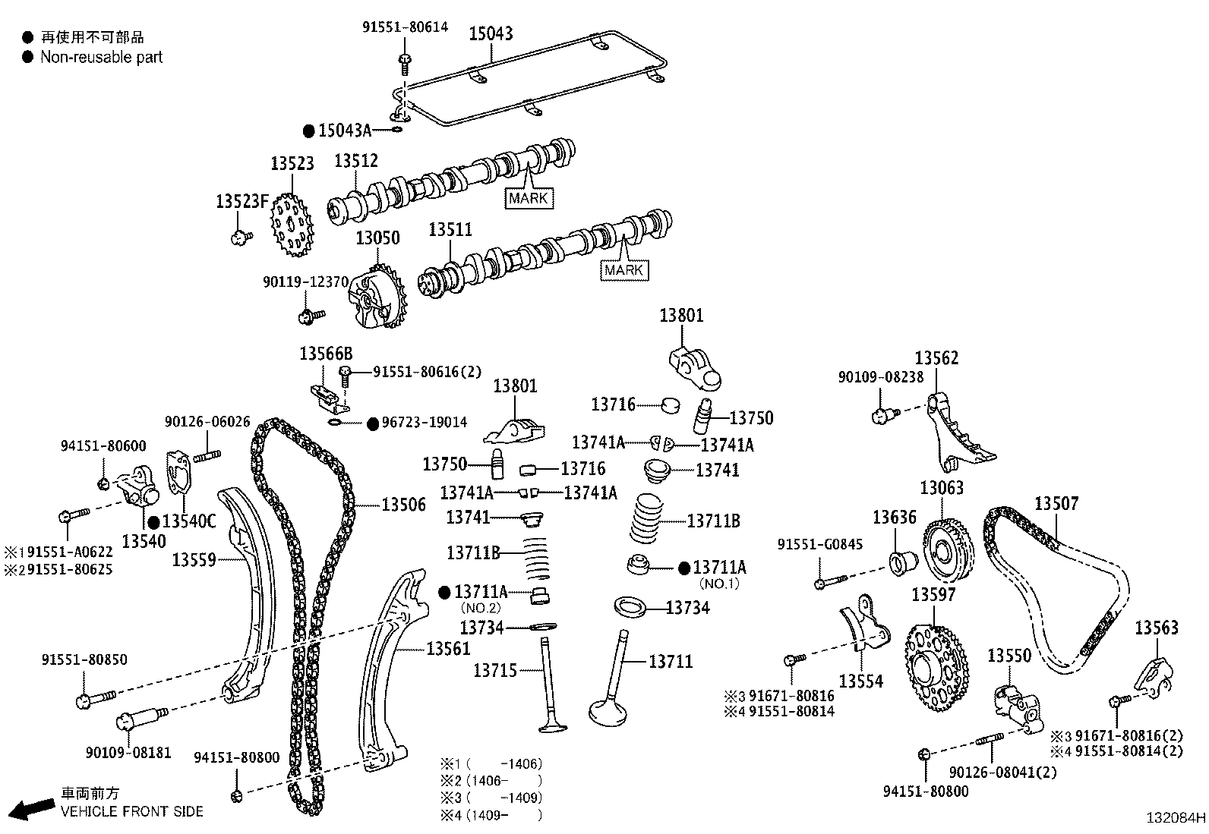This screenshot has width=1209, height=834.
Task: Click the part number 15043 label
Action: [x=490, y=33]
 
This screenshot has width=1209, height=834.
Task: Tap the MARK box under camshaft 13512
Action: [x=529, y=199]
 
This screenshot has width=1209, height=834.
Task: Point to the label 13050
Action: [x=377, y=238]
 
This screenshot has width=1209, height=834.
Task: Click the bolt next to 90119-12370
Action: [x=310, y=315]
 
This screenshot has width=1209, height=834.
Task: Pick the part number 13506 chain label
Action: [x=403, y=505]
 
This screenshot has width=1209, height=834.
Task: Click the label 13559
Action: [x=194, y=560]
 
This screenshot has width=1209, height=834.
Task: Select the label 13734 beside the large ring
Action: [x=687, y=608]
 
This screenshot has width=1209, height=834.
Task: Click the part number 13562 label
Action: [x=936, y=358]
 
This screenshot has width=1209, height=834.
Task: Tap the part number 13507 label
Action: [x=1056, y=504]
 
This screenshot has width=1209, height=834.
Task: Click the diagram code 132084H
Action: [x=1175, y=819]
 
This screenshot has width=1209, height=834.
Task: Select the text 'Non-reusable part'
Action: [x=101, y=57]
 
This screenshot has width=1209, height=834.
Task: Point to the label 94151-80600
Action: [x=103, y=446]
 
